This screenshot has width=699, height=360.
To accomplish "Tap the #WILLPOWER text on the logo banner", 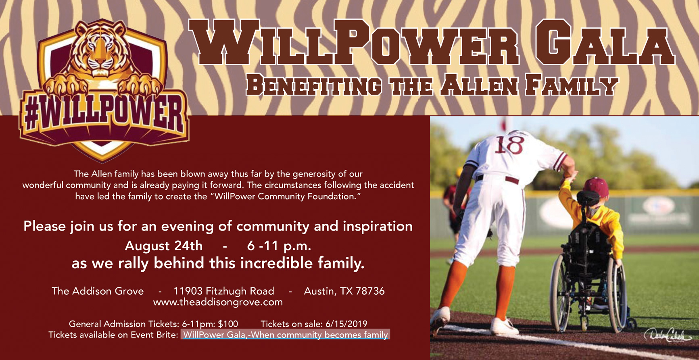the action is point(104,114).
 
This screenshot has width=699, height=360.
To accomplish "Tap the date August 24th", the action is point(163,246).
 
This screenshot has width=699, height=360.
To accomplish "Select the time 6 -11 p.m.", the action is point(279,246).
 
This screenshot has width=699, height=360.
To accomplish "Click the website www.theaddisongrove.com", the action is point(218,302).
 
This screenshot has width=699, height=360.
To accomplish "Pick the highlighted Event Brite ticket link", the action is point(286,335).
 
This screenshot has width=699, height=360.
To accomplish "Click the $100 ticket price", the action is point(228,324).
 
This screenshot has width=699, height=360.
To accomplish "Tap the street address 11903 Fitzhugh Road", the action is point(224,291).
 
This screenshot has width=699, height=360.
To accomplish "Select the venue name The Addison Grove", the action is point(98,291).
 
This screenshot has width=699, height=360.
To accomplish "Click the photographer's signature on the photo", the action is point(668,334).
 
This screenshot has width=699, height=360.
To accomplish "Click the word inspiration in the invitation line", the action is point(378,227).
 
